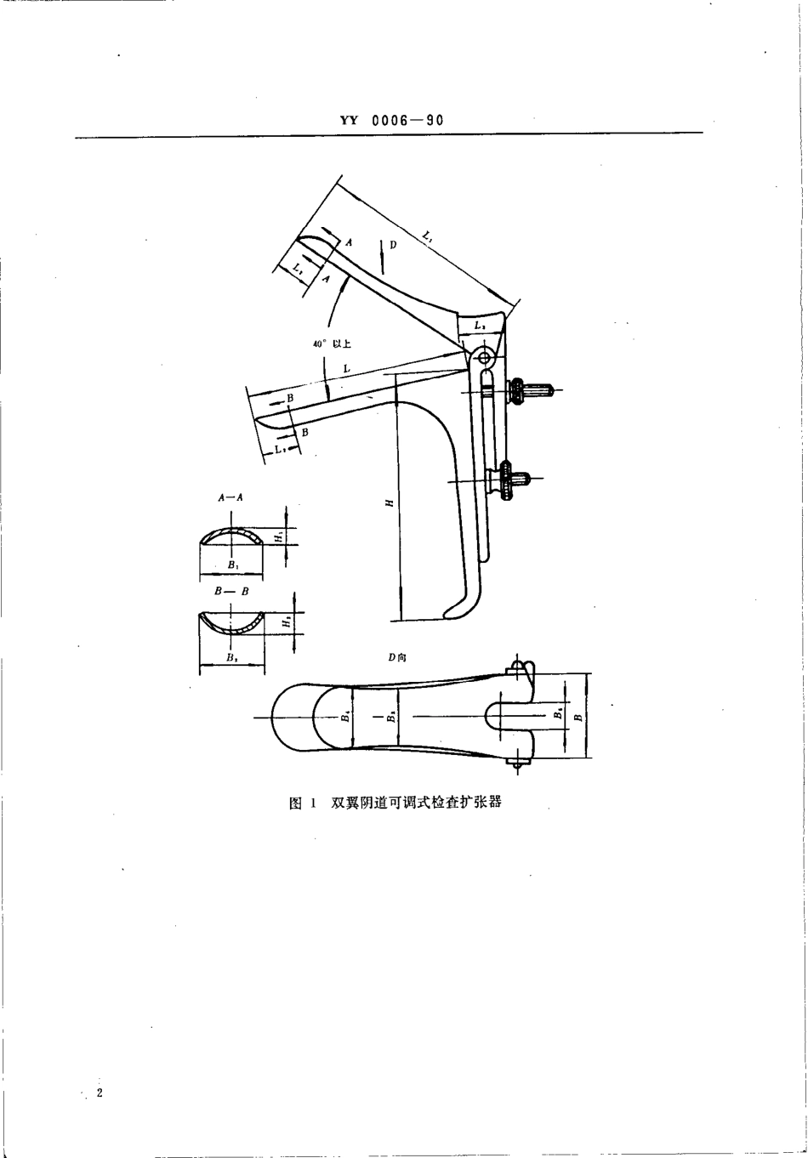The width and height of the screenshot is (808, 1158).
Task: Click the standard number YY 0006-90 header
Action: pos(391,121)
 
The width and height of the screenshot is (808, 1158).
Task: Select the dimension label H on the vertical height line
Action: pos(389,503)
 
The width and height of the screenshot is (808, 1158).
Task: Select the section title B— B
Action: pos(230,591)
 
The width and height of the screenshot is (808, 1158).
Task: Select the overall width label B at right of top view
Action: pos(578,716)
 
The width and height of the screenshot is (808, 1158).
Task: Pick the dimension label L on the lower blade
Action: pos(347,367)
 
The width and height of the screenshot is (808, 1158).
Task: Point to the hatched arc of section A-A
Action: pos(231,536)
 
